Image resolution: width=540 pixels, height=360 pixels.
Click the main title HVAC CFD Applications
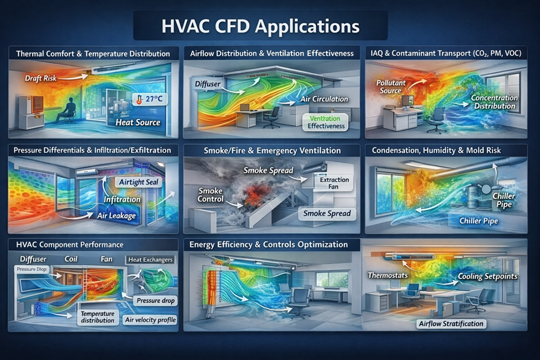tap(260, 26)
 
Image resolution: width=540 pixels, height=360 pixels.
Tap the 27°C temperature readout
tap(150, 99)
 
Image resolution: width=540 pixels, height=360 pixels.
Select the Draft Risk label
tap(40, 78)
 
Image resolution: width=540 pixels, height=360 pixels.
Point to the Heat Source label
tap(138, 122)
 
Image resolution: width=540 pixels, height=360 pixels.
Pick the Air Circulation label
tap(324, 99)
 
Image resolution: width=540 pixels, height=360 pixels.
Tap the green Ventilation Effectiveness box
tap(326, 122)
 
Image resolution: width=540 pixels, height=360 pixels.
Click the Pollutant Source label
tap(390, 86)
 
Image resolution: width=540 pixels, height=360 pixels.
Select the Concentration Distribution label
tap(494, 101)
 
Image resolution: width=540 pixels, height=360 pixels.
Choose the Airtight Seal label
tap(139, 182)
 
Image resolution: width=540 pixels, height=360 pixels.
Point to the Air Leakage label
tap(116, 215)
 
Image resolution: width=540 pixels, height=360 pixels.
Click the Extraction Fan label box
tap(333, 183)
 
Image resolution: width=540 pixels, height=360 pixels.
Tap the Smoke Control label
tap(210, 194)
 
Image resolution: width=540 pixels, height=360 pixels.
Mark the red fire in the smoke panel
tap(255, 194)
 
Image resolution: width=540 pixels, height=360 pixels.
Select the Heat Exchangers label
tap(151, 260)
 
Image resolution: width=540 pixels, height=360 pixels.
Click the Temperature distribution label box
tap(97, 317)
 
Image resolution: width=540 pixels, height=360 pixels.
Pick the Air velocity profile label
tap(151, 320)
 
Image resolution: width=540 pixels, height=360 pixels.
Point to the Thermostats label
tap(388, 275)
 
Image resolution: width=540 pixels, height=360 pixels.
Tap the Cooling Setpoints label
tap(487, 276)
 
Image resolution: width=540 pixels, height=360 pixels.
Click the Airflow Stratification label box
tap(451, 323)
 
